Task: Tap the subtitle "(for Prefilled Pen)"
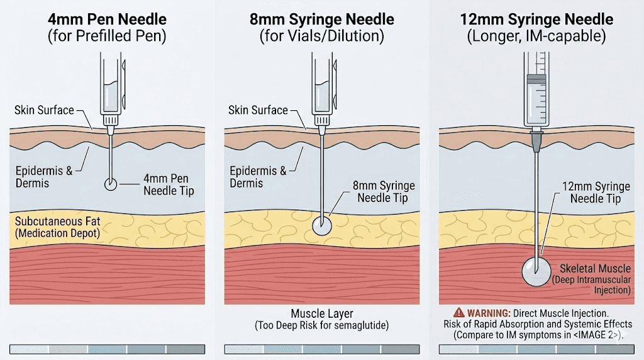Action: [107, 36]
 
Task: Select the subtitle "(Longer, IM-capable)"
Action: [536, 36]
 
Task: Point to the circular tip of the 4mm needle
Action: [111, 184]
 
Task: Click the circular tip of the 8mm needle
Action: [322, 226]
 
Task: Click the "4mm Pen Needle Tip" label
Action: [169, 184]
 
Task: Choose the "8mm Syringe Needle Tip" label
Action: [386, 191]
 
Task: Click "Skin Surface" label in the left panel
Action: [43, 111]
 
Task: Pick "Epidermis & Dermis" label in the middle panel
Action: [258, 176]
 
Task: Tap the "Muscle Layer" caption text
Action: [322, 313]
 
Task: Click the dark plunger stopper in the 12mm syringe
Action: [536, 79]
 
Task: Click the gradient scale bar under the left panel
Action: [107, 349]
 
